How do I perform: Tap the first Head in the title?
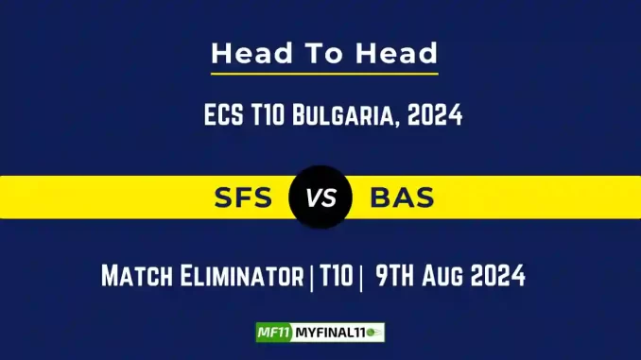click(x=249, y=53)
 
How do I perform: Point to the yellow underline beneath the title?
click(x=324, y=73)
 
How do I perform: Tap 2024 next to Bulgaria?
click(x=436, y=116)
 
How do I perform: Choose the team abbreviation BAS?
click(x=403, y=198)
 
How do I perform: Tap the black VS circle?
click(x=320, y=198)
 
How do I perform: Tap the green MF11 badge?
click(x=272, y=333)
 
